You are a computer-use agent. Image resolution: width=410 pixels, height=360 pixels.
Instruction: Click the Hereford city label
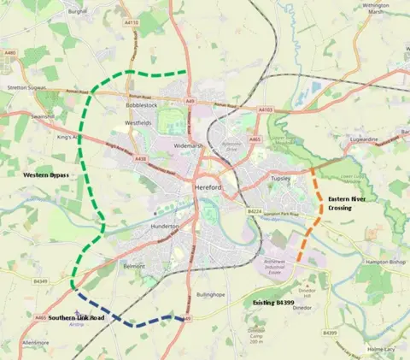[208, 186]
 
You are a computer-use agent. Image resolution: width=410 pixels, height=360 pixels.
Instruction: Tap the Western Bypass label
[40, 174]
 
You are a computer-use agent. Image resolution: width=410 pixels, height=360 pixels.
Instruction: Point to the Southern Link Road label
[76, 318]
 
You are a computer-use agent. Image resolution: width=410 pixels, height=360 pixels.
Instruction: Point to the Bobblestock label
[143, 106]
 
